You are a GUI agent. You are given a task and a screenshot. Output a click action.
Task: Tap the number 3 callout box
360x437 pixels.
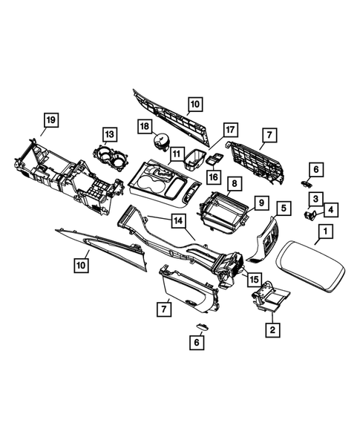point(315,198)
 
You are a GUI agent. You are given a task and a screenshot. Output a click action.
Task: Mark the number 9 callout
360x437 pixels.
point(261,201)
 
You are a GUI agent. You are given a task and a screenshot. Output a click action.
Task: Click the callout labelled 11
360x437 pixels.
point(177,154)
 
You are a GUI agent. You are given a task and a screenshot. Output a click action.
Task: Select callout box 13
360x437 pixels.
point(109,134)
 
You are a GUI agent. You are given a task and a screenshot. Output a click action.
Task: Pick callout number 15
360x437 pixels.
point(254,280)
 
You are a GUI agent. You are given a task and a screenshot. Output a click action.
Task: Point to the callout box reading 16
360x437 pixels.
point(214,177)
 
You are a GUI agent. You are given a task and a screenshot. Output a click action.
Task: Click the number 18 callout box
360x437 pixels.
point(145,128)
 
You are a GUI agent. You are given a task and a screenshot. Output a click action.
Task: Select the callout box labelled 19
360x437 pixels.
point(50,119)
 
